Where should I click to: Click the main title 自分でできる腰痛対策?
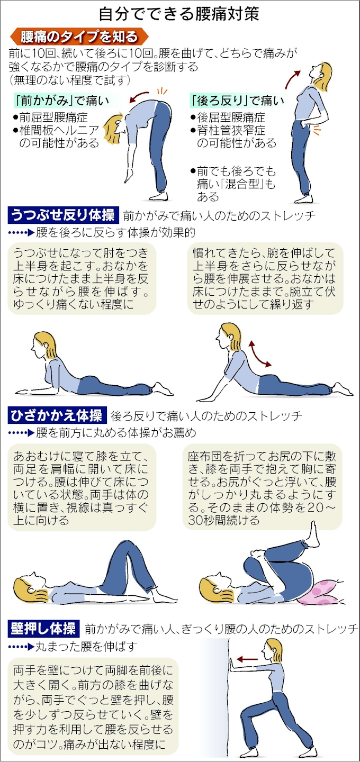[179, 14]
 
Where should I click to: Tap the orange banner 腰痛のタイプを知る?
[79, 37]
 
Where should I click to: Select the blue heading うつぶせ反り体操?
[64, 215]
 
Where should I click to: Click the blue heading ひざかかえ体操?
[57, 415]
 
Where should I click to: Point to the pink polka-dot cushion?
[318, 593]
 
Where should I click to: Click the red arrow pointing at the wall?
[247, 659]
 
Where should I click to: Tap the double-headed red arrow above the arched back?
[259, 354]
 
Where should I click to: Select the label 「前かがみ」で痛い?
[62, 101]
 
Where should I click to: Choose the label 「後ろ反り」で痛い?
[237, 101]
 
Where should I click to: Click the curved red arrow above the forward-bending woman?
[139, 97]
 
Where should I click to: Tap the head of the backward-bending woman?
[320, 73]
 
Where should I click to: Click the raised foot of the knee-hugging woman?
[313, 536]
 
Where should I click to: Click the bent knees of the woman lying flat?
[124, 548]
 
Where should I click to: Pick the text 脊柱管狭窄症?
[231, 130]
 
